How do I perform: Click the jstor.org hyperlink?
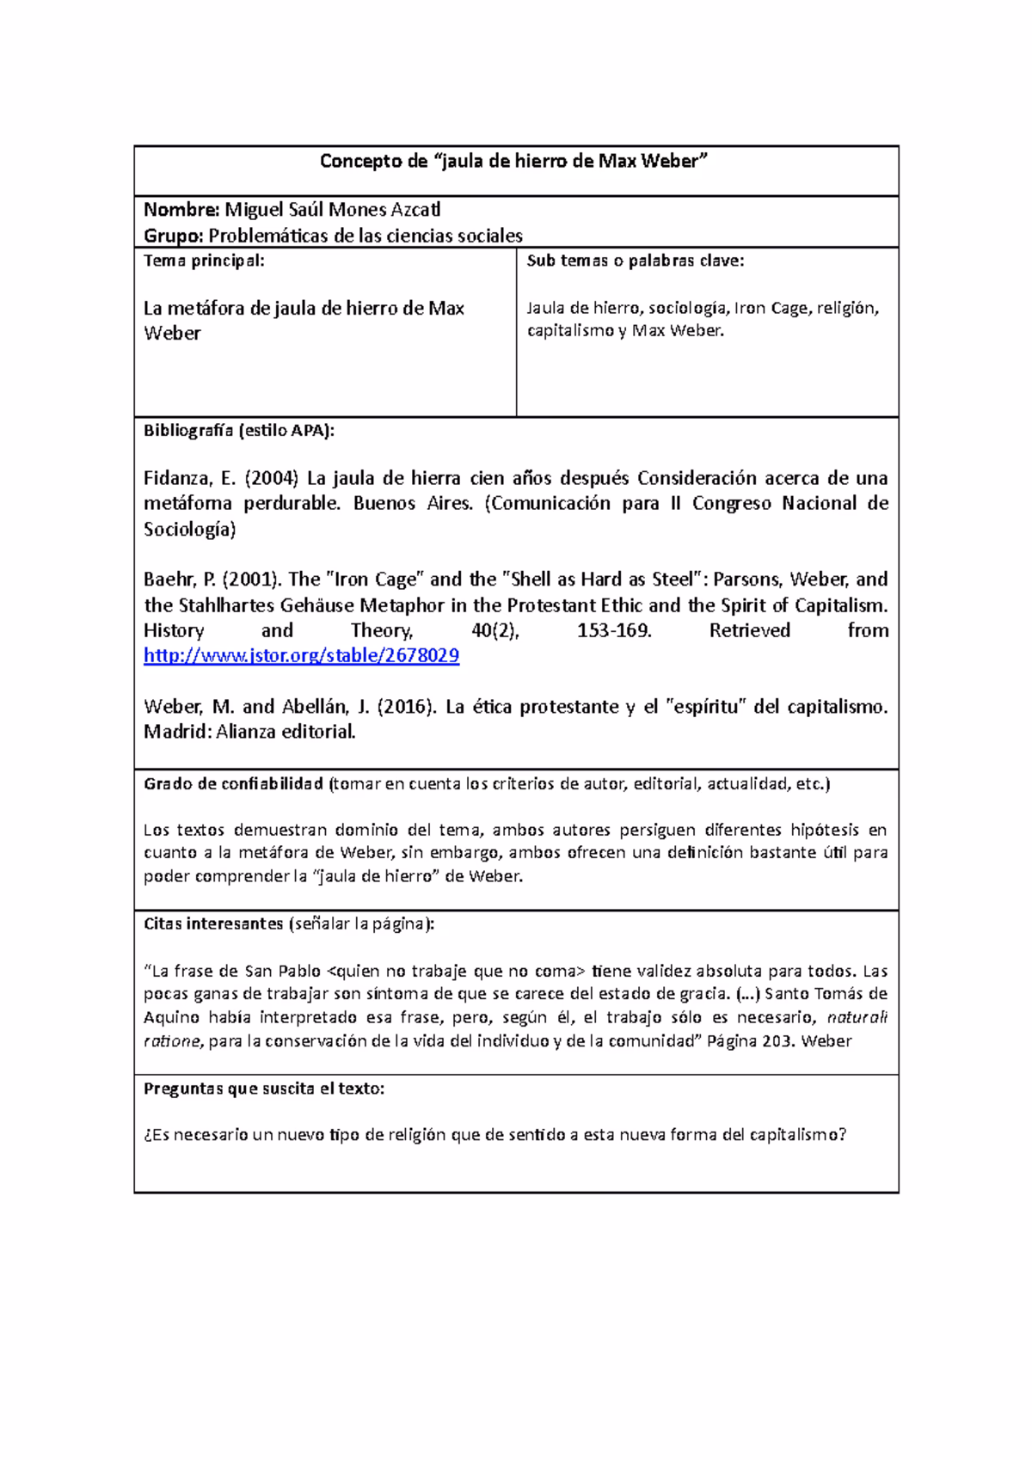(301, 656)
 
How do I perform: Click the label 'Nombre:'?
(181, 210)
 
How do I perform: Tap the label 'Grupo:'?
(174, 236)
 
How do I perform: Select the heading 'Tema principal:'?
(204, 261)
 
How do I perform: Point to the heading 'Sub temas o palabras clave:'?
(636, 261)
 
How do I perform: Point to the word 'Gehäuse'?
(314, 605)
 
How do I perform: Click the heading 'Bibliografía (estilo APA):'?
(239, 431)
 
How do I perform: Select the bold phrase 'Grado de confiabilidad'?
(233, 783)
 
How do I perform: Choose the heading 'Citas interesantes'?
(213, 924)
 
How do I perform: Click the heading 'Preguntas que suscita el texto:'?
(264, 1089)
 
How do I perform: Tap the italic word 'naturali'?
(857, 1018)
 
